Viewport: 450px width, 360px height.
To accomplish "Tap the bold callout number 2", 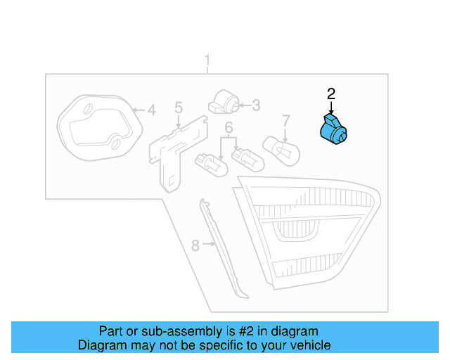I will (331, 93).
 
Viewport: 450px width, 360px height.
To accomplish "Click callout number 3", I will (256, 105).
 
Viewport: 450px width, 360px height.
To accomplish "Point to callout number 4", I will (151, 110).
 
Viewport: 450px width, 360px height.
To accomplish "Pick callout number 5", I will (179, 108).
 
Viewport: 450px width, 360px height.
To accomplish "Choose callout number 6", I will (229, 127).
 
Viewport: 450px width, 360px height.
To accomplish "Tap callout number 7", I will (286, 120).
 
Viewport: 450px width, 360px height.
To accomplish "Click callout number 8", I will (196, 245).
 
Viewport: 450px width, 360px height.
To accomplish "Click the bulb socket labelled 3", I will (223, 102).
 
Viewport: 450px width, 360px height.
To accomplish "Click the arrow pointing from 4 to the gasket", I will (137, 110).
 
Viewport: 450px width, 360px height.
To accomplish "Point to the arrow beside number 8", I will (209, 245).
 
